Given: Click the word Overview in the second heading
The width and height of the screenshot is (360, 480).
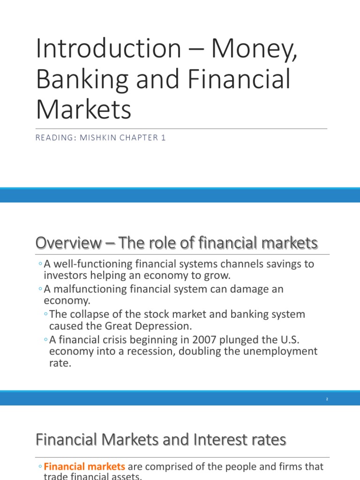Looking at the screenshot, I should [x=67, y=243].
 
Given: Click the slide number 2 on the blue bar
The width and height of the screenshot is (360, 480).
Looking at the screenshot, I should [x=327, y=399].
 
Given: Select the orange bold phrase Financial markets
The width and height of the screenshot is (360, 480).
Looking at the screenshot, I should [x=85, y=467].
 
